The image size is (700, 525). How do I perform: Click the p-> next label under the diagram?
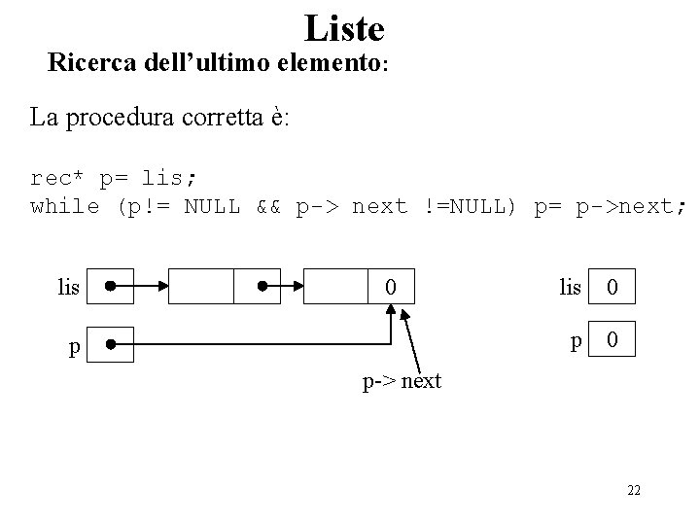click(402, 381)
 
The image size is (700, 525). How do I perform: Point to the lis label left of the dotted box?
click(68, 288)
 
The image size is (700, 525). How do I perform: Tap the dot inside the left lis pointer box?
click(112, 288)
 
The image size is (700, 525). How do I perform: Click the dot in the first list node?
click(262, 288)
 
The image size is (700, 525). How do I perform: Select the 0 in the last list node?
click(389, 288)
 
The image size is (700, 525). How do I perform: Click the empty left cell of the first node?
click(201, 288)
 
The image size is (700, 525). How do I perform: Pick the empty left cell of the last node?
click(336, 288)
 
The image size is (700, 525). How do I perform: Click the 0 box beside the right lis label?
click(612, 288)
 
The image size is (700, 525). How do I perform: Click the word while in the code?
click(65, 206)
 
